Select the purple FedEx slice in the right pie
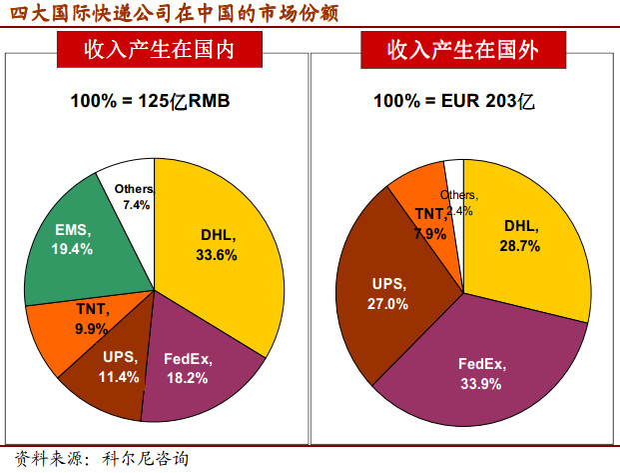tap(479, 375)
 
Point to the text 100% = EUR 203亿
tap(461, 100)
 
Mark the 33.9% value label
tap(479, 384)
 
